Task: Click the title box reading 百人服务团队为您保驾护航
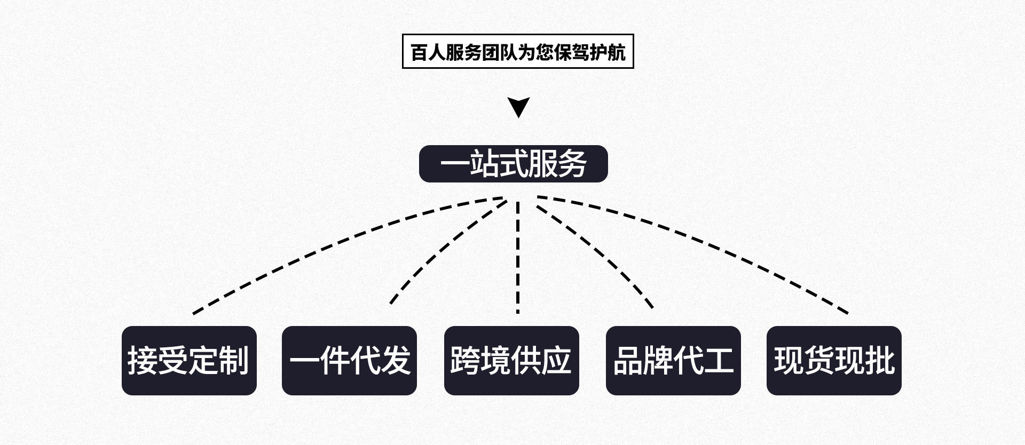click(x=517, y=51)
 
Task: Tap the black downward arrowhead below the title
click(x=518, y=106)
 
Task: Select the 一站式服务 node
click(x=513, y=164)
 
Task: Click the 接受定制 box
click(x=189, y=361)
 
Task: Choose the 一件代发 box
click(x=349, y=361)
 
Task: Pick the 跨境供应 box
click(x=511, y=361)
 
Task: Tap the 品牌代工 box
click(x=673, y=361)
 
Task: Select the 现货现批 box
click(x=834, y=361)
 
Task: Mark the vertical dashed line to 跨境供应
click(x=518, y=256)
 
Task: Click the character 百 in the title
click(x=420, y=52)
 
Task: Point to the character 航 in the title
click(x=616, y=52)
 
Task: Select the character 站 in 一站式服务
click(x=485, y=164)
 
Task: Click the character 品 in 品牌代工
click(x=628, y=361)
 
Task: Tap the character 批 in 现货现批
click(x=880, y=361)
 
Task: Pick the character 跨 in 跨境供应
click(x=466, y=361)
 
